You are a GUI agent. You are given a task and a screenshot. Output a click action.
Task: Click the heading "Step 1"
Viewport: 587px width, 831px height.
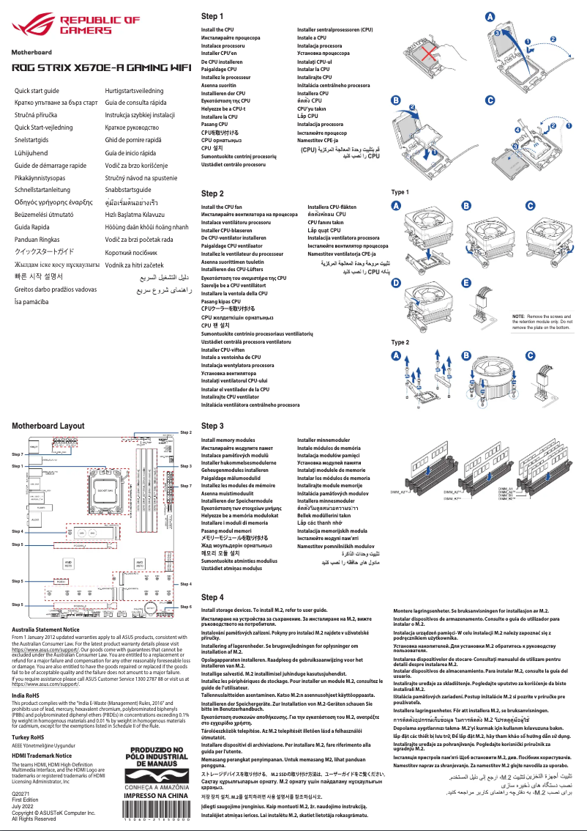[212, 15]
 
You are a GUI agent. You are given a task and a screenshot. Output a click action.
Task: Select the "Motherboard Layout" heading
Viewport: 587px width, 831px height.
[48, 426]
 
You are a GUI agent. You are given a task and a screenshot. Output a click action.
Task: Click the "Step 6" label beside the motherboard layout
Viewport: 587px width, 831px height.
[185, 607]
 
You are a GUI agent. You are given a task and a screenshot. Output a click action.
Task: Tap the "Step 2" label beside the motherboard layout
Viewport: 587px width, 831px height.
[185, 433]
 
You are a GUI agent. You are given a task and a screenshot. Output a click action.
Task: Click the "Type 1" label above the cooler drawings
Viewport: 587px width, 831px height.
[401, 192]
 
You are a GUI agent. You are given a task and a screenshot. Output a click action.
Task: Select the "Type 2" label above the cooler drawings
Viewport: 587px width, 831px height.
[401, 342]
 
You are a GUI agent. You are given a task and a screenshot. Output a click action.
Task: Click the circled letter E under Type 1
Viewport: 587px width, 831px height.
[466, 284]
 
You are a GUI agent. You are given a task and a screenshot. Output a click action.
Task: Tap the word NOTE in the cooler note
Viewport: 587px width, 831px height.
[519, 314]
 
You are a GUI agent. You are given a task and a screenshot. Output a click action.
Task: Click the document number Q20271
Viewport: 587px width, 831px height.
[22, 793]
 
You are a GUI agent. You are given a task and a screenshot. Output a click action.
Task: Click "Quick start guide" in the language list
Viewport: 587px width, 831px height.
[37, 89]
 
